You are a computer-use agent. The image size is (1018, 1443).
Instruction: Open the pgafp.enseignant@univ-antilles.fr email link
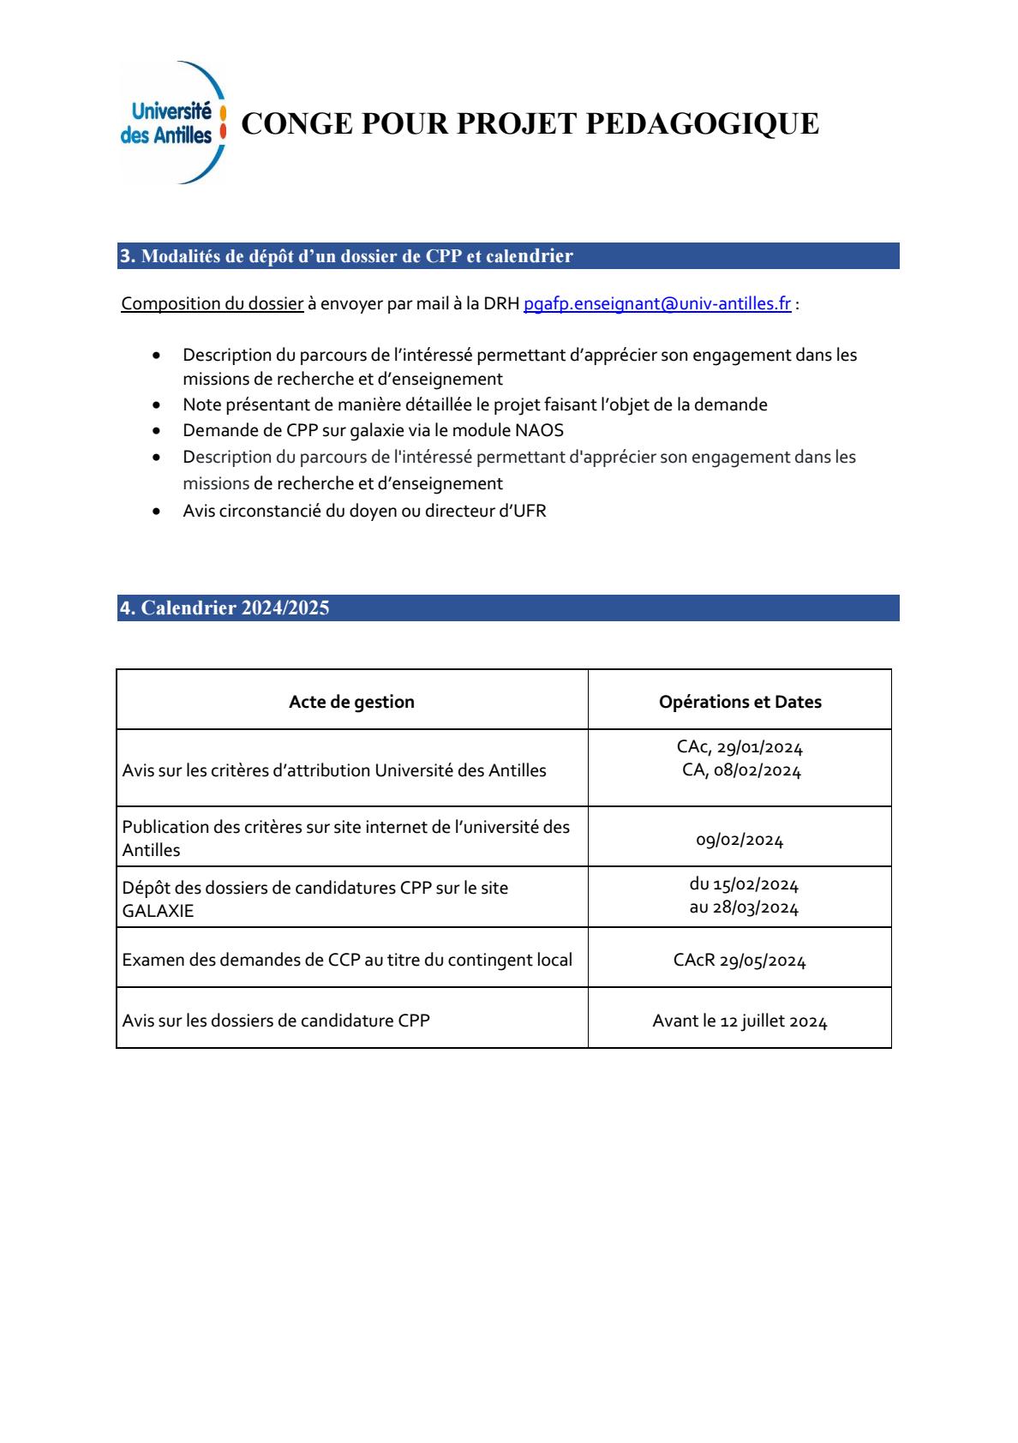pos(656,304)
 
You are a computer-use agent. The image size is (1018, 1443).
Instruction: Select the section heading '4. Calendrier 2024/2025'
pos(225,608)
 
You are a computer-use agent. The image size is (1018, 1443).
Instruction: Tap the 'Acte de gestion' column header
pos(351,702)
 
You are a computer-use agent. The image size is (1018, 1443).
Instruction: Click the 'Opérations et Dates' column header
pos(740,702)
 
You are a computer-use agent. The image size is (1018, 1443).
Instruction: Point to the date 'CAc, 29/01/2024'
pos(740,747)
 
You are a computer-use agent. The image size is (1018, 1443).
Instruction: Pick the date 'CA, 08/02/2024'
pos(741,770)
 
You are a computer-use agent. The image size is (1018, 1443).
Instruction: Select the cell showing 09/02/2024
pos(740,841)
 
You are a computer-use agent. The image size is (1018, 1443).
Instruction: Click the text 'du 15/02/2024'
pos(744,884)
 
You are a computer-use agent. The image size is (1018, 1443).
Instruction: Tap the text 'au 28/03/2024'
pos(744,908)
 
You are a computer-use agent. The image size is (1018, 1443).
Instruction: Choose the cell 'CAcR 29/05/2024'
pos(740,961)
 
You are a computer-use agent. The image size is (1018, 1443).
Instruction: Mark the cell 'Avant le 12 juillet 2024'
pos(740,1021)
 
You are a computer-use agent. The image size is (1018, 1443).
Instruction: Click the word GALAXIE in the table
pos(158,911)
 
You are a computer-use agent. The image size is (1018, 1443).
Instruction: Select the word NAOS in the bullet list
pos(541,430)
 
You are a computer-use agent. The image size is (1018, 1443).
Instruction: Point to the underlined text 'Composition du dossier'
pos(213,304)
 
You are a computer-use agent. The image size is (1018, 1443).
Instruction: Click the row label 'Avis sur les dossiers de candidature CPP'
pos(276,1021)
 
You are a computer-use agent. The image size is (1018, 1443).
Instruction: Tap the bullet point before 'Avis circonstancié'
pos(155,512)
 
